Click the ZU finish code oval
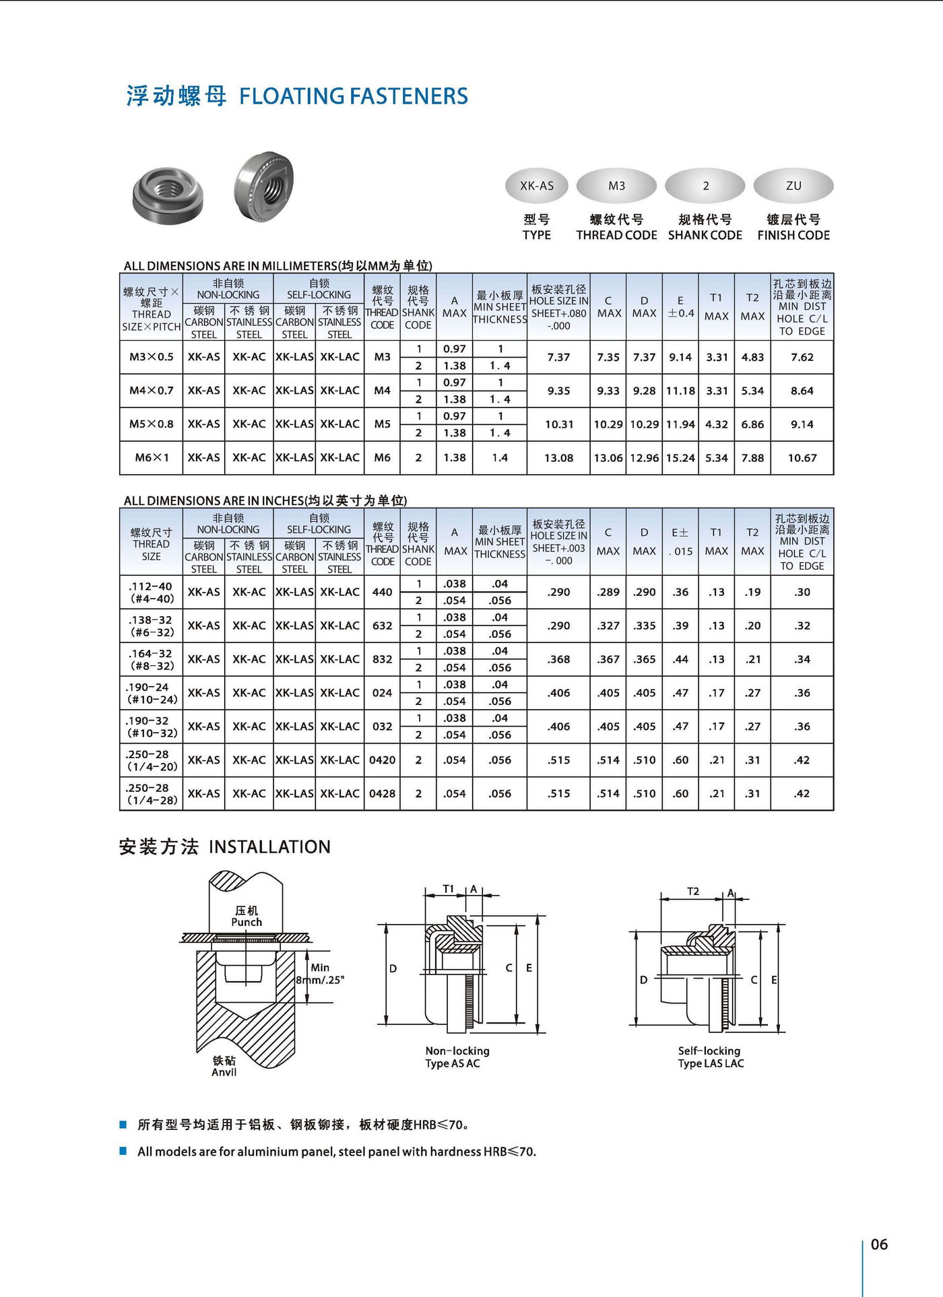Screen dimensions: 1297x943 pyautogui.click(x=793, y=186)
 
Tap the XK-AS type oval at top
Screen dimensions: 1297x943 pyautogui.click(x=537, y=186)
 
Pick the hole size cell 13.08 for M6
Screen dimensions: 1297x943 pyautogui.click(x=558, y=458)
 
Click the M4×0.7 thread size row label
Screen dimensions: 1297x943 pyautogui.click(x=151, y=391)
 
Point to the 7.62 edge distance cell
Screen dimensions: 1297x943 pyautogui.click(x=802, y=357)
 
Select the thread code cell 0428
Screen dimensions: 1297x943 pyautogui.click(x=382, y=793)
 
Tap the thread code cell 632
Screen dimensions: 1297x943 pyautogui.click(x=382, y=626)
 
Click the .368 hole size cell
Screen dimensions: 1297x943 pyautogui.click(x=558, y=659)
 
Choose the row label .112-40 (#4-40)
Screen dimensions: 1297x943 pyautogui.click(x=151, y=592)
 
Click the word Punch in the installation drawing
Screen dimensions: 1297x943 pyautogui.click(x=247, y=922)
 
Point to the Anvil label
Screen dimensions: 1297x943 pyautogui.click(x=224, y=1071)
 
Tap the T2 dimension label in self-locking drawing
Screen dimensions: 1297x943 pyautogui.click(x=693, y=891)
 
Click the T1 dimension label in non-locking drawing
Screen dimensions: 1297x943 pyautogui.click(x=449, y=889)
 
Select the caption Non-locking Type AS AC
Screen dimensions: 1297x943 pyautogui.click(x=457, y=1057)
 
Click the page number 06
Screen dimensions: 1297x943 pyautogui.click(x=879, y=1244)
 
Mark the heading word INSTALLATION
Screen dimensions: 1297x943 pyautogui.click(x=269, y=846)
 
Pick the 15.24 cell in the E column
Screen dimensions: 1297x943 pyautogui.click(x=680, y=458)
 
